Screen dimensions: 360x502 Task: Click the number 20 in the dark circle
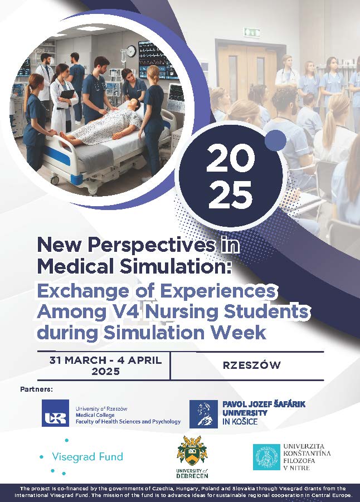[x=230, y=158]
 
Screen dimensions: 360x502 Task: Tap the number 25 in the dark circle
[x=230, y=194]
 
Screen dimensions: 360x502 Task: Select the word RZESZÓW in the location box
[x=252, y=365]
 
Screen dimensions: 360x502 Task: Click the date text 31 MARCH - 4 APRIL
[x=105, y=360]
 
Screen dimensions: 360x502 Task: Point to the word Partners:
[x=36, y=389]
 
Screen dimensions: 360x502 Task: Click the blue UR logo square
[x=55, y=413]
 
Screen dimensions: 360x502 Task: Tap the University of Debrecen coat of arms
[x=192, y=451]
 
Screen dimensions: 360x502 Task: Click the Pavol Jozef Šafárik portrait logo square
[x=203, y=414]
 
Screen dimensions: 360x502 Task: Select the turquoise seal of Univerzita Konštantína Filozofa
[x=266, y=457]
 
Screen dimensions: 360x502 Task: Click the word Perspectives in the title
[x=152, y=245]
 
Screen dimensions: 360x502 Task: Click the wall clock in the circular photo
[x=131, y=51]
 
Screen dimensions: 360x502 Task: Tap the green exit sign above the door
[x=252, y=32]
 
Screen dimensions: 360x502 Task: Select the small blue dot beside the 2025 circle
[x=275, y=140]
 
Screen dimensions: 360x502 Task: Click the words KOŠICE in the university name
[x=245, y=421]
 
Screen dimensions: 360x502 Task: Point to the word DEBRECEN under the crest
[x=192, y=476]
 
